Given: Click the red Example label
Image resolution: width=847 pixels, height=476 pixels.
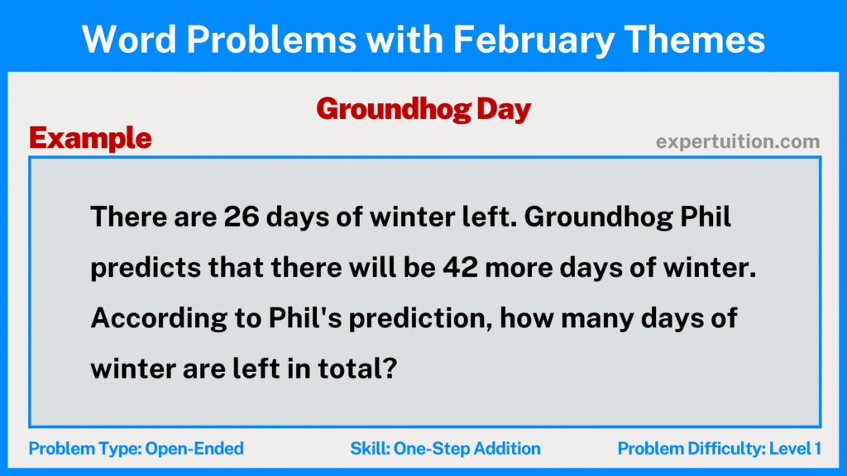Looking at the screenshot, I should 90,138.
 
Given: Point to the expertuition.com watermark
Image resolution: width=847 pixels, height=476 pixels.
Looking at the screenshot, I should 738,142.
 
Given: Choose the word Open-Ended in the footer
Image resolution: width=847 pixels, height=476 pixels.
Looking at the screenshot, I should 194,449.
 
